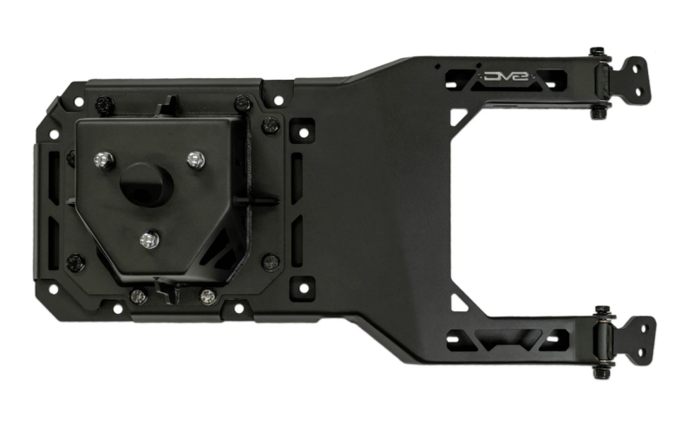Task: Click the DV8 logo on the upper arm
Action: coord(507,76)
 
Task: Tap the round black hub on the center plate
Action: coord(147,185)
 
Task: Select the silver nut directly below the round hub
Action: coord(149,240)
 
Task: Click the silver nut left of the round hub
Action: coord(103,160)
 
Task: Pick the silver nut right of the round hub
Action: coord(196,160)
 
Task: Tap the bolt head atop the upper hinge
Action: coord(598,51)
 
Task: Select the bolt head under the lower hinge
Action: coord(602,373)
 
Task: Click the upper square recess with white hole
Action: coord(303,131)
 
